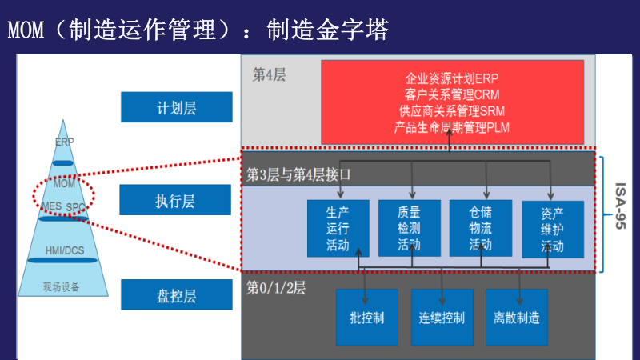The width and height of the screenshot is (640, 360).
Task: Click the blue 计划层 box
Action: click(176, 107)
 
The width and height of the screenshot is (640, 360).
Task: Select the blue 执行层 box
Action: click(175, 200)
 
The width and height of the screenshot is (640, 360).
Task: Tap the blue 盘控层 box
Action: click(176, 294)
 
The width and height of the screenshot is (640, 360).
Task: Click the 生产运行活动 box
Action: click(338, 229)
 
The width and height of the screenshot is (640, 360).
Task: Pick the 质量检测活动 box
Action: click(409, 229)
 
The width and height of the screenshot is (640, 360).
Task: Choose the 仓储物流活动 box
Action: click(480, 228)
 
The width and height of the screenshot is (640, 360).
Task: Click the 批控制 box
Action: click(367, 317)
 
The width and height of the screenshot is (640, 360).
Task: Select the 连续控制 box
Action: click(442, 317)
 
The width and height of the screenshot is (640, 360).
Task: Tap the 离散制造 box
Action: click(516, 317)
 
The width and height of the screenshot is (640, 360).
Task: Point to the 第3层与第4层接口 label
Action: click(298, 174)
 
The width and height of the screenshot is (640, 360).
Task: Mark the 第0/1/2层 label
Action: click(275, 286)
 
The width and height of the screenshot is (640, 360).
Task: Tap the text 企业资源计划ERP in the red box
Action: click(451, 80)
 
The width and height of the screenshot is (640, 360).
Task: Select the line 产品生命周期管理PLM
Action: click(451, 126)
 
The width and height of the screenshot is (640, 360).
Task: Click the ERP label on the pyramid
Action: click(65, 142)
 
